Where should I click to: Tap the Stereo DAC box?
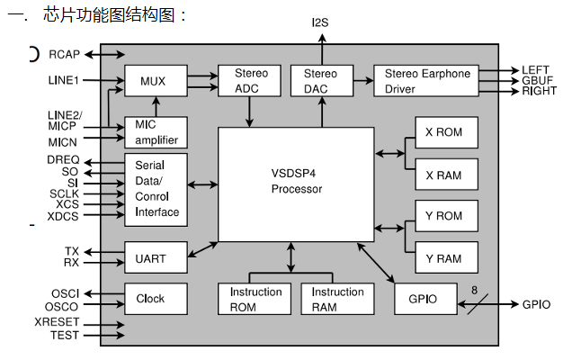click(x=321, y=80)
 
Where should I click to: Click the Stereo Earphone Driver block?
click(x=427, y=80)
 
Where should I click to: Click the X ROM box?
click(x=444, y=132)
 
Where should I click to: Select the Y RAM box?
click(x=444, y=259)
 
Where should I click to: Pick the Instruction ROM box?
click(x=255, y=299)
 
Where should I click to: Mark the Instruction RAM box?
click(x=338, y=299)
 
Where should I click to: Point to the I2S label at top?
click(x=321, y=22)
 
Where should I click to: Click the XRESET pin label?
click(x=57, y=322)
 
